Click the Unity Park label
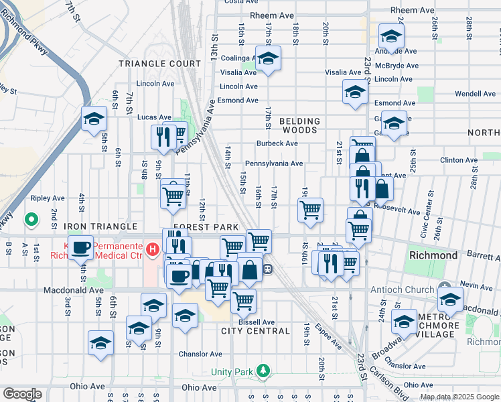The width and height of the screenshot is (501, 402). (230, 371)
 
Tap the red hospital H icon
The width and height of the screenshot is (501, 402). (153, 251)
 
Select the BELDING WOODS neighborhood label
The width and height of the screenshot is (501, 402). (299, 125)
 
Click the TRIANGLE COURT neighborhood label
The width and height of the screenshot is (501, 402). (159, 64)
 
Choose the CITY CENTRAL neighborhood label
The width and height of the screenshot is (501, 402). (255, 331)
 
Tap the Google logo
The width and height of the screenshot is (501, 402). (22, 394)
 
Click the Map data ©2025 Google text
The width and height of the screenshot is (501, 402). (459, 397)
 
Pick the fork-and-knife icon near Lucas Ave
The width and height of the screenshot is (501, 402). (163, 137)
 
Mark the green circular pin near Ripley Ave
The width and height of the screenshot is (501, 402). (30, 218)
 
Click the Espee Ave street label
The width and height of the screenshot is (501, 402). (332, 339)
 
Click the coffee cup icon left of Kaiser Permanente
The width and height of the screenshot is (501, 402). (81, 247)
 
